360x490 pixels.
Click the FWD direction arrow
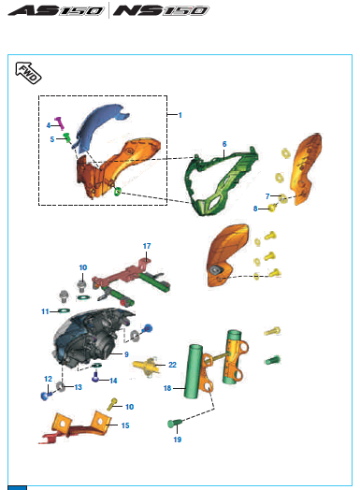(x=28, y=73)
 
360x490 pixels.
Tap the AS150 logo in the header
(x=56, y=10)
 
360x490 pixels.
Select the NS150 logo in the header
(x=161, y=10)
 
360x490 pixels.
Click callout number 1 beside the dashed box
(x=180, y=115)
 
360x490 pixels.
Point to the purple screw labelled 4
(x=60, y=122)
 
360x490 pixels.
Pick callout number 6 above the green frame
(x=224, y=144)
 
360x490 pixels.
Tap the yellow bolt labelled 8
(x=273, y=208)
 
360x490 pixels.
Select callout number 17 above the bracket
(x=147, y=246)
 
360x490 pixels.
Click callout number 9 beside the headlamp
(x=126, y=354)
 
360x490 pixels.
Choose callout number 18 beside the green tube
(x=167, y=388)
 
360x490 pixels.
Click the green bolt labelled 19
(x=175, y=424)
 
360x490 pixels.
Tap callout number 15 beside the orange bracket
(x=125, y=425)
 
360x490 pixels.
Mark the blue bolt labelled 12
(x=46, y=396)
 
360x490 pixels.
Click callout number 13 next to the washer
(x=79, y=387)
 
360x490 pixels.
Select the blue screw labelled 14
(x=95, y=377)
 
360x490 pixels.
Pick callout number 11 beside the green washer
(x=45, y=311)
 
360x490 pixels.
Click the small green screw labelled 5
(x=67, y=137)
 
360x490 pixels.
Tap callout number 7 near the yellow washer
(x=267, y=196)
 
